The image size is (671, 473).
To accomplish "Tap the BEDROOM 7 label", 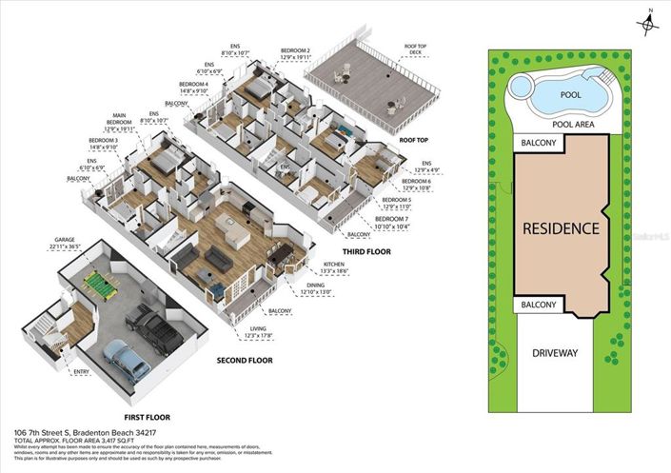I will click(418, 221).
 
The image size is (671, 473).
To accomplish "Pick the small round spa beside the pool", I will click(521, 87).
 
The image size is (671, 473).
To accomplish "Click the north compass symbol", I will click(647, 23).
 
